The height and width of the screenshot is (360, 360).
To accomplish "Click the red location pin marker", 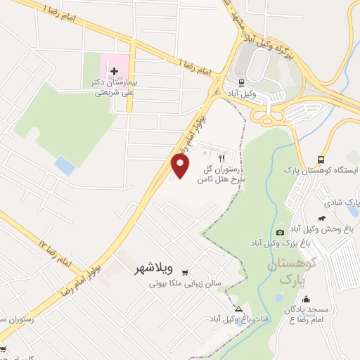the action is tap(181, 166).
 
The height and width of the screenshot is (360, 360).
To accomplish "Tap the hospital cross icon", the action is tap(114, 70).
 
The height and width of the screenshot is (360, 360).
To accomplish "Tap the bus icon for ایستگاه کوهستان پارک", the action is tap(321, 160).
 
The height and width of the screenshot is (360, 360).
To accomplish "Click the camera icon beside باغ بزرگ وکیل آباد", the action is tap(281, 232).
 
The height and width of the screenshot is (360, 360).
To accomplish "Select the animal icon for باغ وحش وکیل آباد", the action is tap(321, 218).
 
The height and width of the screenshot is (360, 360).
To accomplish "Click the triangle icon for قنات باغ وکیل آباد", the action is tap(238, 309).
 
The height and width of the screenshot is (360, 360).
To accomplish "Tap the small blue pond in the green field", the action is tap(65, 167).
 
